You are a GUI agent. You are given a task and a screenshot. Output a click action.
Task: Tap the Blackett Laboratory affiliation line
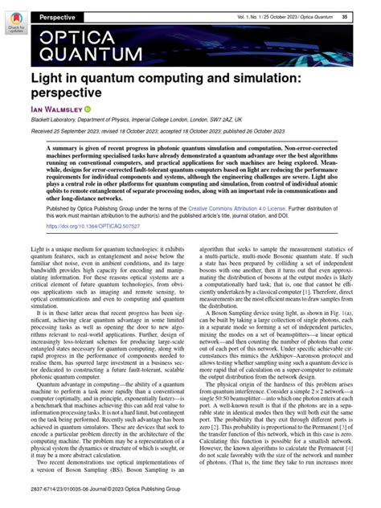pos(136,122)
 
